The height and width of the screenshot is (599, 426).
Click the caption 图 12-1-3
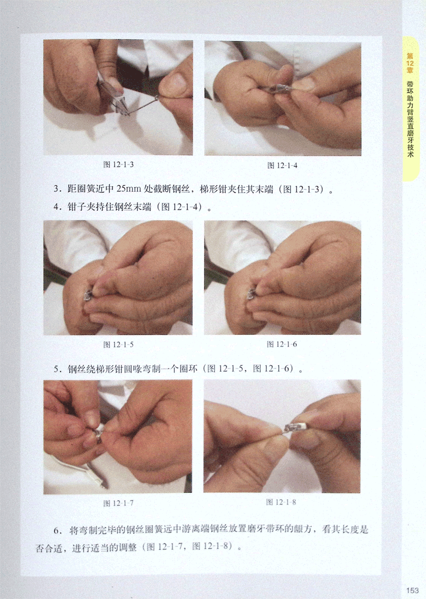point(118,165)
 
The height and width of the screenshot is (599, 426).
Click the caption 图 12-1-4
point(282,166)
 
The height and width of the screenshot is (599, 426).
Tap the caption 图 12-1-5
point(118,344)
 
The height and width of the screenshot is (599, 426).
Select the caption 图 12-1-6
point(282,344)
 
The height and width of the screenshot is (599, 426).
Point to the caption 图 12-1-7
point(118,503)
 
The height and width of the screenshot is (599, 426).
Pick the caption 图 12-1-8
point(281,502)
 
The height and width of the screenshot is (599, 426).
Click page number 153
point(413,590)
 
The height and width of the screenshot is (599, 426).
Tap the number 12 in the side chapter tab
point(410,63)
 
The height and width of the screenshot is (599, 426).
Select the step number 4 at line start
point(56,207)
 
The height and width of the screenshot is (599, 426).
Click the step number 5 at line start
point(56,370)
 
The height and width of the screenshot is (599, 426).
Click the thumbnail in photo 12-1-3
point(174,83)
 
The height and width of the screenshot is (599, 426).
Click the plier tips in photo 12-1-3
point(124,111)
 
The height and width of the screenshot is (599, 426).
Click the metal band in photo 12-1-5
point(88,294)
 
